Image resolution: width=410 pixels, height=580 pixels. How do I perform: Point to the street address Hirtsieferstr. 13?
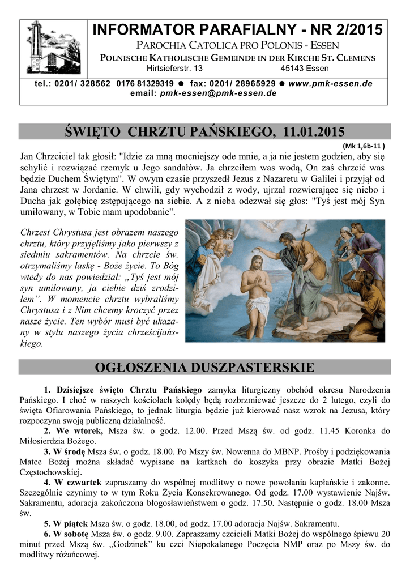pyautogui.click(x=174, y=69)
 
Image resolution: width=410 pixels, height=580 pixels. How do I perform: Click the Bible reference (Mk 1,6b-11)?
pyautogui.click(x=363, y=145)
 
